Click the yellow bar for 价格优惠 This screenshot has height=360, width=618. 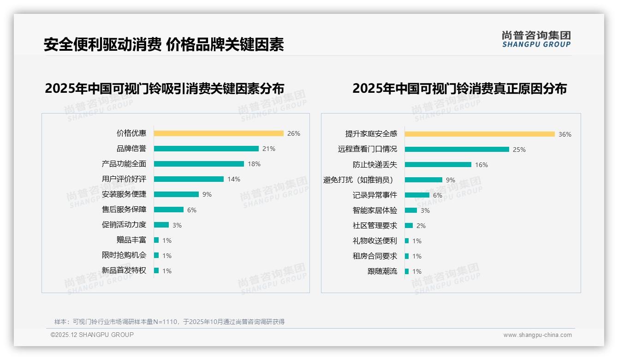point(219,133)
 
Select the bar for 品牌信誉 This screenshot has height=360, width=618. point(206,149)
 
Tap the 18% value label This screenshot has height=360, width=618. point(254,164)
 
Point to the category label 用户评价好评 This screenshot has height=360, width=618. point(124,179)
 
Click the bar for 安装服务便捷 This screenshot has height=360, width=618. point(176,194)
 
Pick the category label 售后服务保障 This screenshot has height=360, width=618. point(124,210)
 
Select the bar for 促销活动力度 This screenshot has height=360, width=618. point(161,225)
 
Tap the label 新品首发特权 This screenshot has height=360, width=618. point(124,270)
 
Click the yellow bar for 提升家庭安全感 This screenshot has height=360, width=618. point(480,134)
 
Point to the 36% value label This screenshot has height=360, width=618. point(565,134)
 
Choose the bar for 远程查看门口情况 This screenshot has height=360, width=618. point(457,150)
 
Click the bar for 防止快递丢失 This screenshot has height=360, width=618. point(438,165)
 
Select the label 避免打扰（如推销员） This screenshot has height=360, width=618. point(358,180)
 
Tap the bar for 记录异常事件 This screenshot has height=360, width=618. point(417,195)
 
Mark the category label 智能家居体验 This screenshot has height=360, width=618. point(375,210)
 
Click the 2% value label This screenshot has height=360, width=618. point(421,226)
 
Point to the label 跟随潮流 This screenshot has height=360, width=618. point(382,271)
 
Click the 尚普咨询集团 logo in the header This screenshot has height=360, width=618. point(536,39)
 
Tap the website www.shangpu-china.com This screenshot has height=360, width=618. point(537,335)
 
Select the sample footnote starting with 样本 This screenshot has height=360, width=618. point(169,322)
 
